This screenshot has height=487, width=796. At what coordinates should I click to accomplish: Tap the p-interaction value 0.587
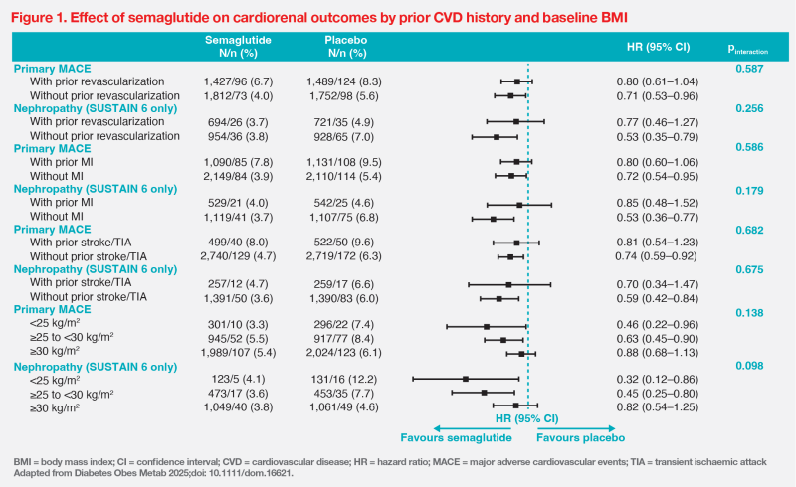click(745, 68)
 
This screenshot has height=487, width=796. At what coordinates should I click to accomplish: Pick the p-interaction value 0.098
click(745, 366)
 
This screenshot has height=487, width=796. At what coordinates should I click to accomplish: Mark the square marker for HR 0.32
click(466, 379)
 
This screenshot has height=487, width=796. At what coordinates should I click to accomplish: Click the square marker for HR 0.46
click(486, 326)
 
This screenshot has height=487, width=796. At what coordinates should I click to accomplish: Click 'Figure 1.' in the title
click(43, 15)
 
